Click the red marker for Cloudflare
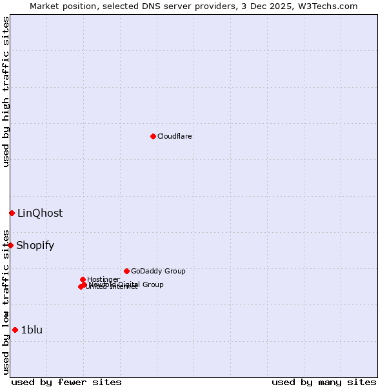[153, 136]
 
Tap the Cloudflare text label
[175, 136]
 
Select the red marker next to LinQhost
[12, 213]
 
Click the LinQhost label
[40, 213]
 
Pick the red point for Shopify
[10, 245]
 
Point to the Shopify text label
[35, 245]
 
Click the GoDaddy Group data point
[126, 271]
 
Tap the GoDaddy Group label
[158, 271]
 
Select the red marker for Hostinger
[83, 279]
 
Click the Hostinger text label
[103, 279]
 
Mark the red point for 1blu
[15, 330]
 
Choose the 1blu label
[32, 330]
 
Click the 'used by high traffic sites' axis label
[6, 92]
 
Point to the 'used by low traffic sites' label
[6, 301]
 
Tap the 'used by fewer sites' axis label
[66, 382]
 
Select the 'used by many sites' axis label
[324, 382]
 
